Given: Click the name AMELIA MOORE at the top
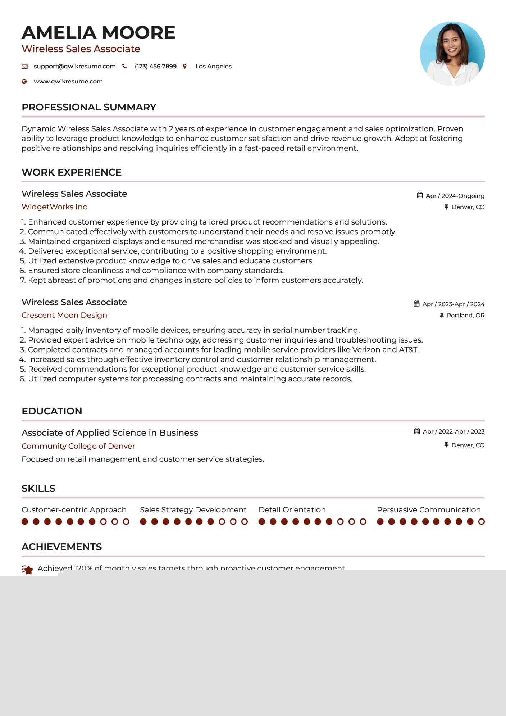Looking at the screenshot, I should coord(98,33).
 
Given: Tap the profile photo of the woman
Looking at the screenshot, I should coord(452,54).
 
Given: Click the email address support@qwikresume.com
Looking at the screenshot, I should coord(74,66).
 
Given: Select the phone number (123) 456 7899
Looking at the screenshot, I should coord(155,66).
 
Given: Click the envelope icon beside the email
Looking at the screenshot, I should coord(24,66).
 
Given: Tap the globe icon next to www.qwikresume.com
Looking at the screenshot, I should coord(24,81).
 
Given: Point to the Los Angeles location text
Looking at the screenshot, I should coord(213,66).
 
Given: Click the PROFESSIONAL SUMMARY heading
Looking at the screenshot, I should coord(89,107).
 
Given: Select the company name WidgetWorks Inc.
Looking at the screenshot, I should coord(55,207).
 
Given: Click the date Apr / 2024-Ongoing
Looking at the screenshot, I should coord(455,196).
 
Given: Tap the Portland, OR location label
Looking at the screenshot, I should coord(465,315).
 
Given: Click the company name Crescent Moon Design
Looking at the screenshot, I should coord(64,315).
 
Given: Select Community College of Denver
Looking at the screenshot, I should coord(78,446).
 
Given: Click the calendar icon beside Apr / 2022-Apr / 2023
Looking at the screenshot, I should coord(417,431).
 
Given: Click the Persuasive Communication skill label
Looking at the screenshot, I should coord(429,510).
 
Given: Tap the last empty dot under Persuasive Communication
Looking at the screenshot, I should coord(481,522).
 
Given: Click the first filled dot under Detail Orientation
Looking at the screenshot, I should coord(262,522).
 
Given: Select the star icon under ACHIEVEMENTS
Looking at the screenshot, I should coord(27,570).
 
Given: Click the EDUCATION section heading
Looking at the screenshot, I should coord(52,411).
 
